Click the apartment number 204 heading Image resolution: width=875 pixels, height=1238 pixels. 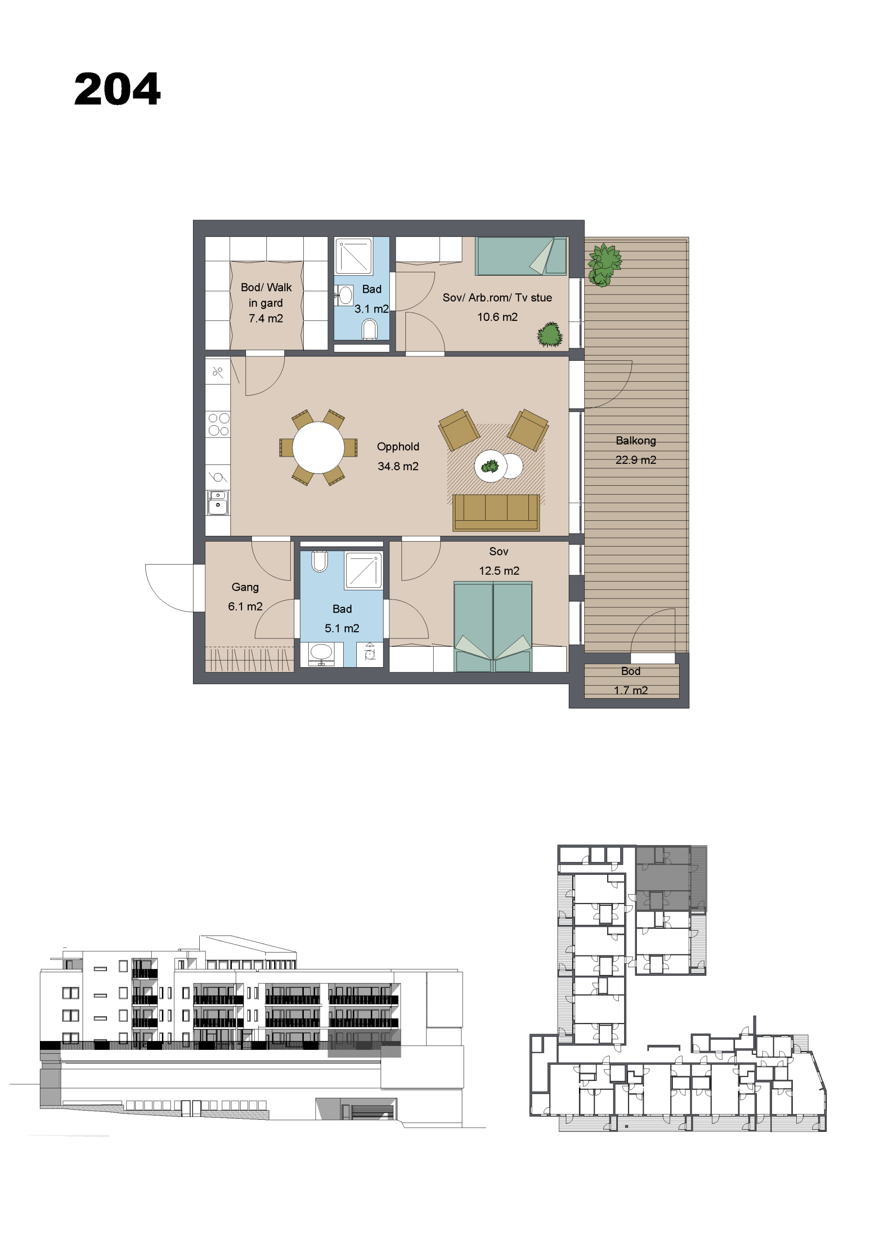coord(118,89)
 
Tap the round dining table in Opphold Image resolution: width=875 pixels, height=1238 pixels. coord(318,447)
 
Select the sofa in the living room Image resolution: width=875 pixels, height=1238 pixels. coord(496,512)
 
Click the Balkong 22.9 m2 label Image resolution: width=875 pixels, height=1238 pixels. coord(636,450)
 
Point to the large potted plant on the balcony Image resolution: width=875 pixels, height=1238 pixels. coord(604,265)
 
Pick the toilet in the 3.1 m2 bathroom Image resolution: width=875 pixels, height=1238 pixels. coord(370,329)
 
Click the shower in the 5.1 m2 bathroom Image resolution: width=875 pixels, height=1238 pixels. coord(364,570)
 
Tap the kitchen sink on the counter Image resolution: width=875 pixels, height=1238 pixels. coord(218,502)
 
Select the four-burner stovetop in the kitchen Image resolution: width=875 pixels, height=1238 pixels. coord(218,424)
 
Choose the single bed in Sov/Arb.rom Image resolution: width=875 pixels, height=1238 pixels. coord(521,256)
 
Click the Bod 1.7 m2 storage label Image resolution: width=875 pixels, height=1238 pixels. coord(631,680)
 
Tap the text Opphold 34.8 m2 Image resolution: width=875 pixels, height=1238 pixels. coord(398,456)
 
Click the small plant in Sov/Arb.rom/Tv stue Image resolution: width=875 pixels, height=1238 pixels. coord(550,335)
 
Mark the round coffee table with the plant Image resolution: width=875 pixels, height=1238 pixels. coord(490,466)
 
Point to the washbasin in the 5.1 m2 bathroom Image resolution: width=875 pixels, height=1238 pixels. coord(321,653)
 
